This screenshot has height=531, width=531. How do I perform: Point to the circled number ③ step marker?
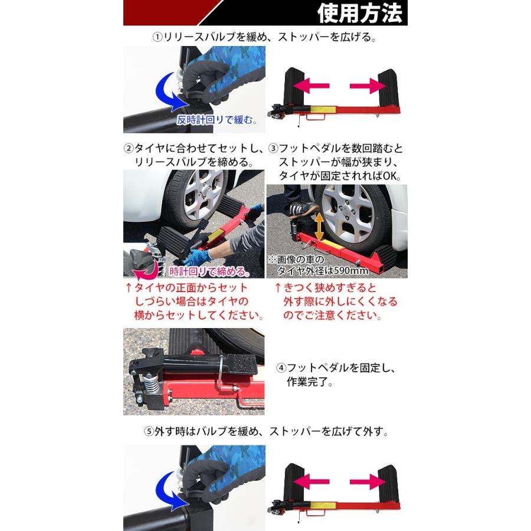[273, 147]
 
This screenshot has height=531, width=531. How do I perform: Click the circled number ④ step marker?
[282, 368]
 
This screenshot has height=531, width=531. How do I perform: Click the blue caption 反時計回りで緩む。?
[217, 120]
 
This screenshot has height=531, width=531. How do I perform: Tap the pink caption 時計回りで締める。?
[208, 272]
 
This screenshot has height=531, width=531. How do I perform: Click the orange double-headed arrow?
[319, 226]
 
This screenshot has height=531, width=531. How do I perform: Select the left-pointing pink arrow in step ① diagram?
[311, 86]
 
